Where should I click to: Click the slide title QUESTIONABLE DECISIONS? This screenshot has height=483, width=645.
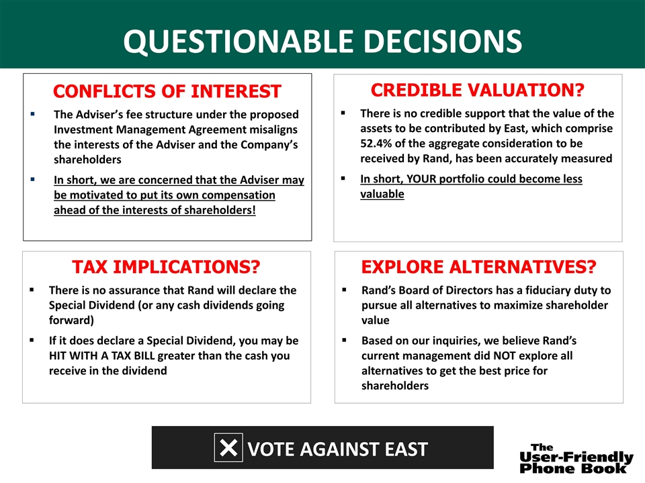tap(322, 41)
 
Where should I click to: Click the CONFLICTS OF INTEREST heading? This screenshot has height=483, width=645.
tap(167, 91)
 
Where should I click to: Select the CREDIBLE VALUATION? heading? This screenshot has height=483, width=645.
tap(478, 90)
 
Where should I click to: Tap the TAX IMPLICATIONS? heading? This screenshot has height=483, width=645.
tap(166, 267)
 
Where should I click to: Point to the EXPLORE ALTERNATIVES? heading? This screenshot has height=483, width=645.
tap(478, 267)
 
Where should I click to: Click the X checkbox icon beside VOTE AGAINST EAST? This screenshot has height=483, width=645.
tap(228, 447)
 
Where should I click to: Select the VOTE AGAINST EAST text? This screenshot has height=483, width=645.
tap(337, 448)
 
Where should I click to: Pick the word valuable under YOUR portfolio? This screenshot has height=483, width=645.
tap(382, 194)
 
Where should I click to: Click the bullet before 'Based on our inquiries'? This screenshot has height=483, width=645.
tap(343, 341)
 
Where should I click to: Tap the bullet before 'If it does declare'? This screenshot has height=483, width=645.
tap(32, 341)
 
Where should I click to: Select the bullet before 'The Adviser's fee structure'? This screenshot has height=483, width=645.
tap(32, 115)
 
